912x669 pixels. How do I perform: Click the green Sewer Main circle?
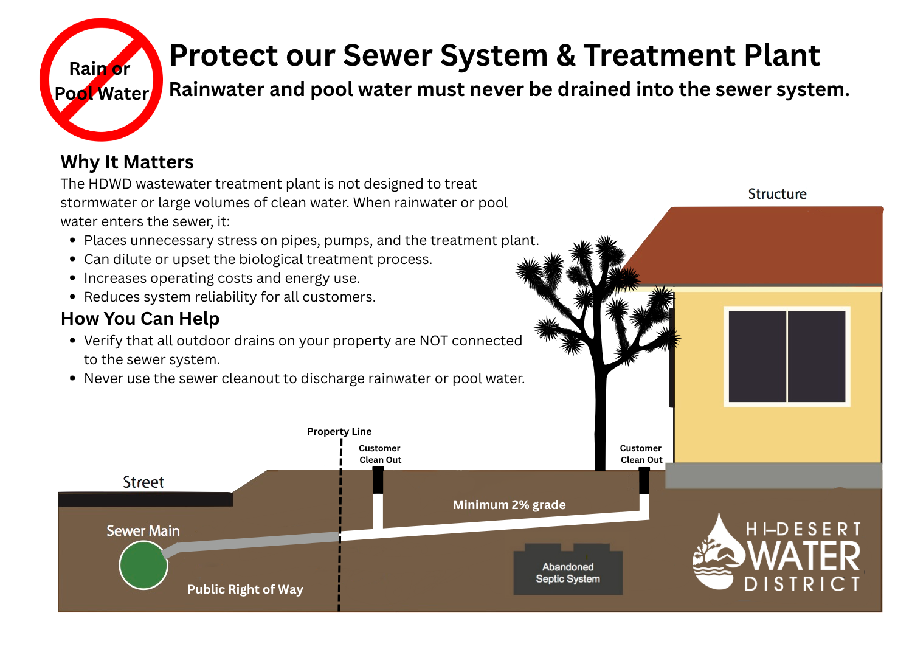coord(143,565)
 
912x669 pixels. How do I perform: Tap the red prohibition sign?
coord(101,80)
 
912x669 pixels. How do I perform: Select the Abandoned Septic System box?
coord(568,572)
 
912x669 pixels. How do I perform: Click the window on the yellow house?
coord(787,356)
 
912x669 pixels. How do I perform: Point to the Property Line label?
coord(339,431)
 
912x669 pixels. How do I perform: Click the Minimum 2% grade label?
coord(509,505)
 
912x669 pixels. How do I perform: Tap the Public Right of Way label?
coord(245,589)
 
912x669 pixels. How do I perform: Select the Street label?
coord(143,482)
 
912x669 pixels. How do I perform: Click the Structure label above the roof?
coord(777,194)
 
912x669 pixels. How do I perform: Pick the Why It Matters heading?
coord(127,162)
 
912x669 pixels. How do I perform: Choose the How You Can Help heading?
coord(140,319)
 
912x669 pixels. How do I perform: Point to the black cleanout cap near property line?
coord(378,480)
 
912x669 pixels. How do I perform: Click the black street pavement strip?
coord(145,499)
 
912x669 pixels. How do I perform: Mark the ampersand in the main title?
coord(565,56)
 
